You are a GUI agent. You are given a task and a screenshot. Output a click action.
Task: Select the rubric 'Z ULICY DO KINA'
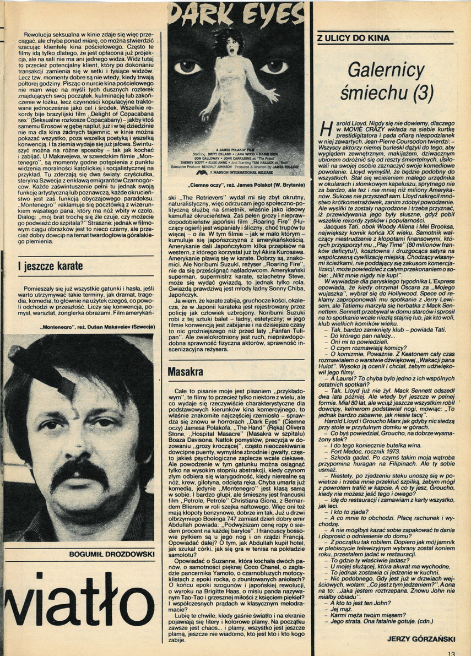pyautogui.click(x=354, y=39)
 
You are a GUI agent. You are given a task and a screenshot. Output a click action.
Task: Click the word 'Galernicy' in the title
pyautogui.click(x=388, y=71)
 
